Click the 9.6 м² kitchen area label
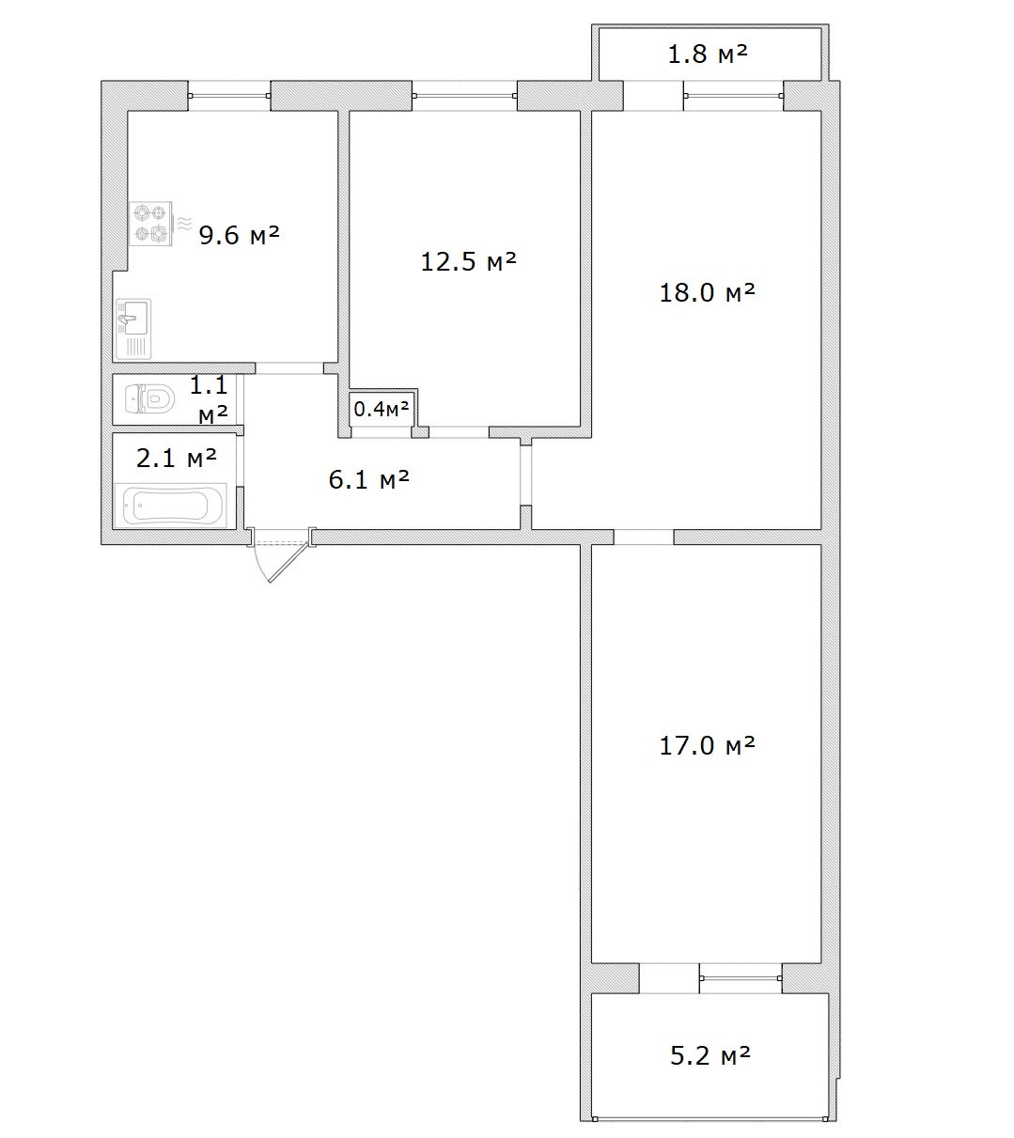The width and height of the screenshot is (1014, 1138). pyautogui.click(x=240, y=235)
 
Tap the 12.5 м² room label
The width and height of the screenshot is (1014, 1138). pyautogui.click(x=469, y=261)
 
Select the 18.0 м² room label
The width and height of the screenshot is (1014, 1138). pyautogui.click(x=707, y=292)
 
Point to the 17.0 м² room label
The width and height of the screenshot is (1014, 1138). pyautogui.click(x=707, y=745)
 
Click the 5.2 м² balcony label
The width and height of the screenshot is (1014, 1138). pyautogui.click(x=710, y=1055)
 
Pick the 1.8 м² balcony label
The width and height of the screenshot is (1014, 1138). pyautogui.click(x=708, y=54)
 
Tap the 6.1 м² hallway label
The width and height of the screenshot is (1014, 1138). pyautogui.click(x=368, y=479)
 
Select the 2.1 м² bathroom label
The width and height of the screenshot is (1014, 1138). pyautogui.click(x=177, y=458)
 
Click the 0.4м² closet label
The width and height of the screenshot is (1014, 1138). pyautogui.click(x=382, y=409)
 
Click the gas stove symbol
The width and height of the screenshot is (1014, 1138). pyautogui.click(x=150, y=224)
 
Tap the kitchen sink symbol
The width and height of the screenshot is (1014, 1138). pyautogui.click(x=133, y=329)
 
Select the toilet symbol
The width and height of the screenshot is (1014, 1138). pyautogui.click(x=149, y=398)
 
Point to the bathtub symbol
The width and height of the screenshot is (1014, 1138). pyautogui.click(x=171, y=506)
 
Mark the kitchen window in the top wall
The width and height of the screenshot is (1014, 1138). pyautogui.click(x=229, y=96)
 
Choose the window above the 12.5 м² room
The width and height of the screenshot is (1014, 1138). pyautogui.click(x=464, y=96)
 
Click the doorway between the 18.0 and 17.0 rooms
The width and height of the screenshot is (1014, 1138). pyautogui.click(x=643, y=537)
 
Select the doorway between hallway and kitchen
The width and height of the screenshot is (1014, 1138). pyautogui.click(x=289, y=368)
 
